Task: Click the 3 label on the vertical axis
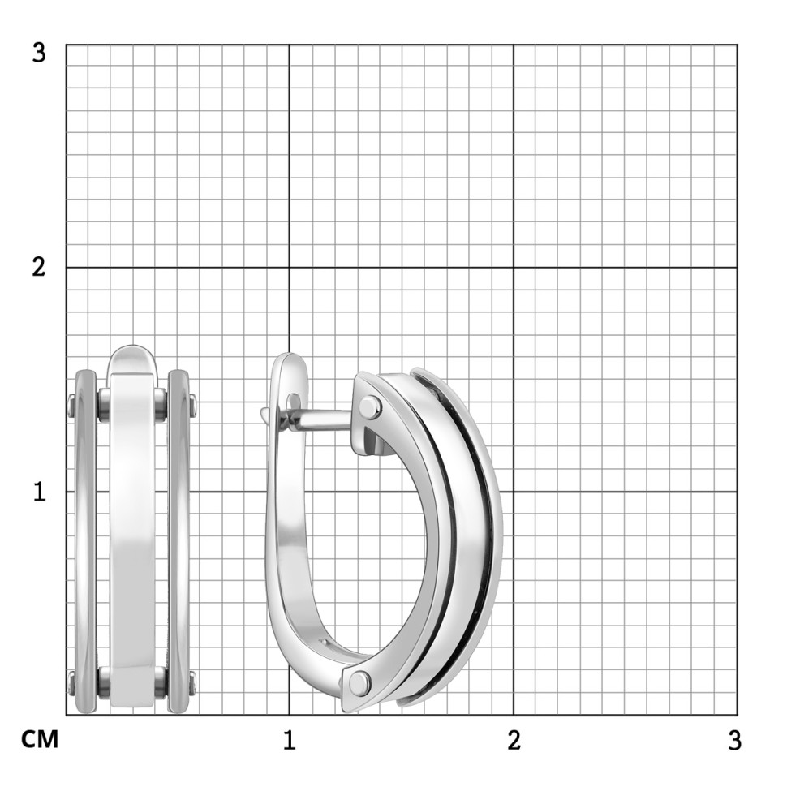[x=39, y=53]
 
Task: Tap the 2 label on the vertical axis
[x=39, y=267]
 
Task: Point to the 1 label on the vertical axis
[x=40, y=492]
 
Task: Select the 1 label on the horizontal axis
[x=290, y=740]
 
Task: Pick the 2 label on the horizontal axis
[x=514, y=740]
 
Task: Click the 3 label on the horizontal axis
[x=734, y=740]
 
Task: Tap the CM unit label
[x=40, y=740]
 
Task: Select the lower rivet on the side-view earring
[x=359, y=682]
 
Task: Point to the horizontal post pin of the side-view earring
[x=321, y=419]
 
